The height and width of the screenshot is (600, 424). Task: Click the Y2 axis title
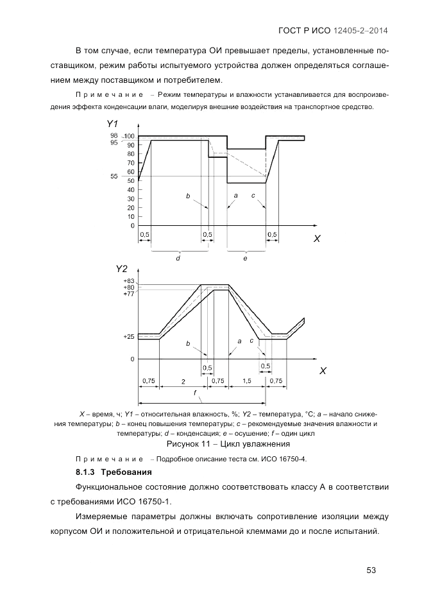click(122, 268)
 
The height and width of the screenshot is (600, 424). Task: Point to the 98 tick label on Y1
click(114, 135)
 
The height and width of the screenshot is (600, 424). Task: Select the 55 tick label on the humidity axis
click(114, 176)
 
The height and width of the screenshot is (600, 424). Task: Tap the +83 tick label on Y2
click(129, 281)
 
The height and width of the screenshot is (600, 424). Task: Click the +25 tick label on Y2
click(129, 336)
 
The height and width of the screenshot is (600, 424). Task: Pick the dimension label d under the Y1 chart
click(178, 258)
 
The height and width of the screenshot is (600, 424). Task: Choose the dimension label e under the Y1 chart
click(245, 258)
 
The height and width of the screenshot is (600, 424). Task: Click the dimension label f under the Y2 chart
click(195, 392)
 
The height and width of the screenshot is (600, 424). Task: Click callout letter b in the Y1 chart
click(188, 195)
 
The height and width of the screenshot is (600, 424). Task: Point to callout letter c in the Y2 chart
click(251, 341)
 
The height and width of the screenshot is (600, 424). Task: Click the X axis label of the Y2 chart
click(323, 372)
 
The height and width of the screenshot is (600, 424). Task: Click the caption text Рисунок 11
click(189, 444)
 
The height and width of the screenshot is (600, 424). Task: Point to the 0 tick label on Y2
click(133, 359)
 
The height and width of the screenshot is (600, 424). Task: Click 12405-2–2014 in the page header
click(361, 30)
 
